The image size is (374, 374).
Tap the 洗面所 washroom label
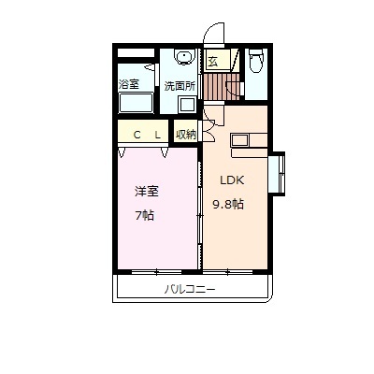pyautogui.click(x=179, y=85)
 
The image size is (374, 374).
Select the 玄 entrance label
pyautogui.click(x=213, y=64)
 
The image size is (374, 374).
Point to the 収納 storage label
pyautogui.click(x=185, y=134)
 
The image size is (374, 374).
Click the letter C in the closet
pyautogui.click(x=137, y=135)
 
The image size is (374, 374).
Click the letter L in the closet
pyautogui.click(x=158, y=135)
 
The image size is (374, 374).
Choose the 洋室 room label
pyautogui.click(x=146, y=192)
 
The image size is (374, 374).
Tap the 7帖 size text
pyautogui.click(x=146, y=213)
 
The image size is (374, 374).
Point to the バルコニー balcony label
pyautogui.click(x=191, y=290)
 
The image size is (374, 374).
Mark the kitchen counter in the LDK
pyautogui.click(x=249, y=141)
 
